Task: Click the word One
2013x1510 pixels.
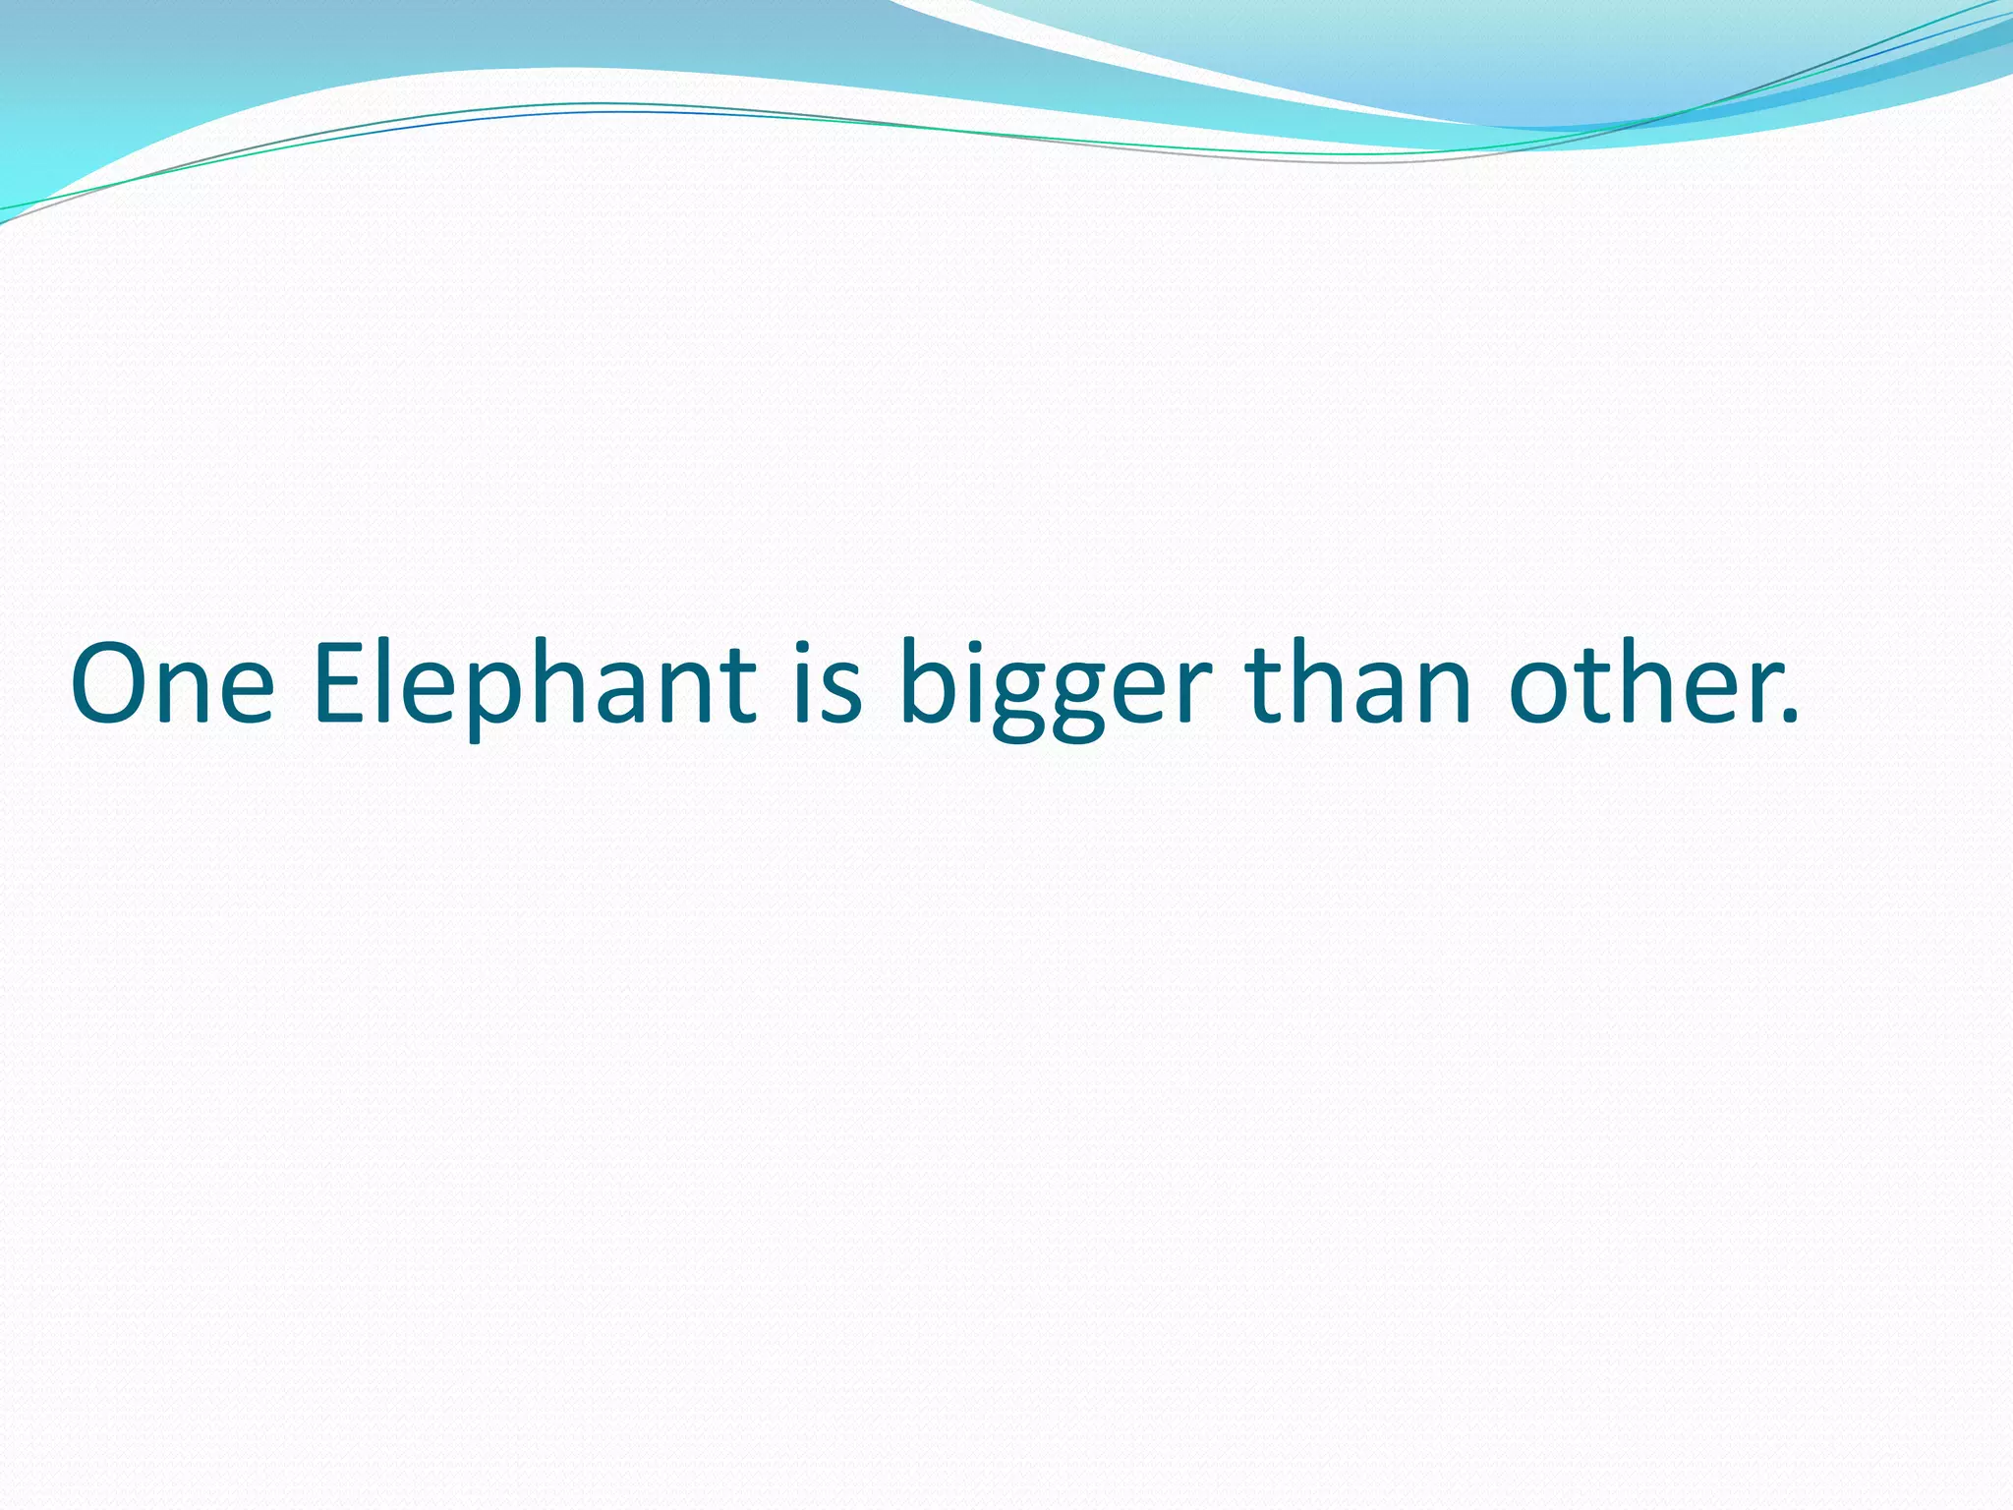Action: pyautogui.click(x=172, y=683)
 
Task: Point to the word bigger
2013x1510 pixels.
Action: pyautogui.click(x=1056, y=688)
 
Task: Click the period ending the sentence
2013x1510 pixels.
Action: pyautogui.click(x=1791, y=718)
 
